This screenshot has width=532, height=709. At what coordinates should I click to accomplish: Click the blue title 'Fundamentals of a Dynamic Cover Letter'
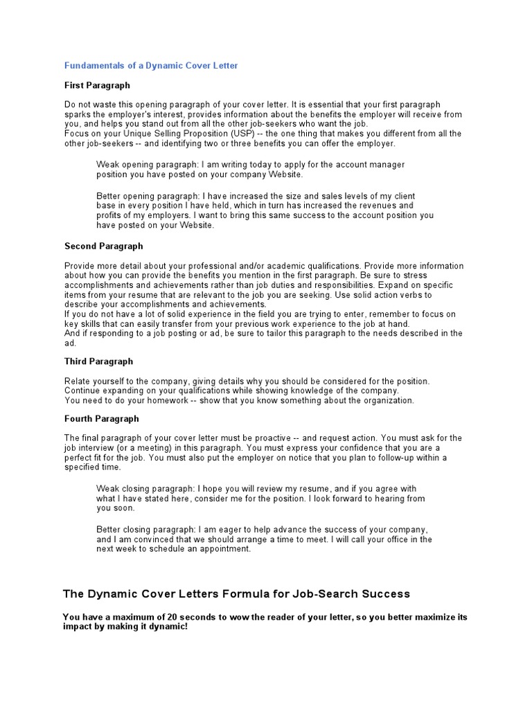(150, 66)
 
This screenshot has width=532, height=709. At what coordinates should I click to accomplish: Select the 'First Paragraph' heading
(97, 85)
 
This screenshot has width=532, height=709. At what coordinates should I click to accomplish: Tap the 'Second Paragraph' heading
(103, 246)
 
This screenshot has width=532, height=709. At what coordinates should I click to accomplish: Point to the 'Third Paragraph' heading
(98, 361)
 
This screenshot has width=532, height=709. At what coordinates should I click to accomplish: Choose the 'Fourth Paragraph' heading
(101, 419)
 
